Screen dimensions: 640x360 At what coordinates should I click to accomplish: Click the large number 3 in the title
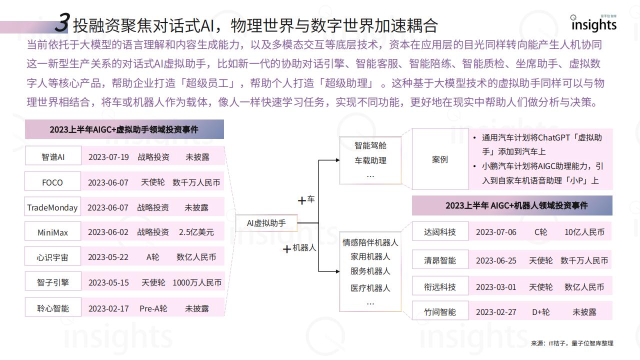(x=62, y=22)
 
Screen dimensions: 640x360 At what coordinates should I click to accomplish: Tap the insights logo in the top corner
(x=593, y=23)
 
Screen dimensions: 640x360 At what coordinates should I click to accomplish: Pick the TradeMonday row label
(x=52, y=206)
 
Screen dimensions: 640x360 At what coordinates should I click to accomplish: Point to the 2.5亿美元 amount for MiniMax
(x=196, y=232)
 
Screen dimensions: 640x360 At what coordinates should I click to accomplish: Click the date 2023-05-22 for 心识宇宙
(x=108, y=257)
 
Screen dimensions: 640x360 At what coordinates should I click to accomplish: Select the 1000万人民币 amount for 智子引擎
(x=197, y=282)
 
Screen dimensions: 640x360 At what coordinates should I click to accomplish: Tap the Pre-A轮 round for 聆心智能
(x=153, y=308)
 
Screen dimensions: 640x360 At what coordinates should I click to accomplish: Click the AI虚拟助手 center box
(x=266, y=223)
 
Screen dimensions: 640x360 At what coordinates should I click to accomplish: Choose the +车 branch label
(x=306, y=199)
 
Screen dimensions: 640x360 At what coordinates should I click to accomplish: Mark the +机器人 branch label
(x=299, y=248)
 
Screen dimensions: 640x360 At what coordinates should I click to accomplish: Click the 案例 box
(x=440, y=159)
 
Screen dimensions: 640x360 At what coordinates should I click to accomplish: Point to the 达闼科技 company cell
(x=440, y=231)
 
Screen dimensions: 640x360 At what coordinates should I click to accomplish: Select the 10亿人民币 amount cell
(x=584, y=232)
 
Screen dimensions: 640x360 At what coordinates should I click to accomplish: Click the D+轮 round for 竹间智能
(x=540, y=312)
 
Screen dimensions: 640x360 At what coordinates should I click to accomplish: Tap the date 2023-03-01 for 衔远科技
(x=496, y=287)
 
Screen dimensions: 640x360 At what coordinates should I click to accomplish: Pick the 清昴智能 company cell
(x=440, y=259)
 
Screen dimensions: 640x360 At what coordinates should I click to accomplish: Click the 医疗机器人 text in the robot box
(x=370, y=288)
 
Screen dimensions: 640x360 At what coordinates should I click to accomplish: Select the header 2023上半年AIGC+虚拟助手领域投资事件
(x=124, y=129)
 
